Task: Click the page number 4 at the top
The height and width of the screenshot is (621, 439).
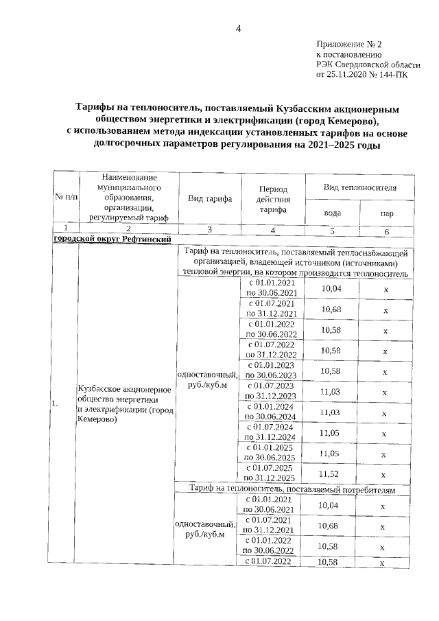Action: coord(238,28)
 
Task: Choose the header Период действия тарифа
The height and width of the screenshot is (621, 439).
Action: coord(272,198)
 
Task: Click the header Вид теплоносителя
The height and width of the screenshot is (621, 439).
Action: coord(359,187)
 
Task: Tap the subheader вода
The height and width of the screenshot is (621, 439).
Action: coord(332,213)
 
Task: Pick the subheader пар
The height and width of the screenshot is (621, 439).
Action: coord(386,213)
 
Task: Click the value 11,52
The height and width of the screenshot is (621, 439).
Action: coord(332,473)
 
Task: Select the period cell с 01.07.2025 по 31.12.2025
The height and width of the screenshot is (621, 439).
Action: coord(270,473)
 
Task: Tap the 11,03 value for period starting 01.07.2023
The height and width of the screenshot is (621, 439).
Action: coord(332,390)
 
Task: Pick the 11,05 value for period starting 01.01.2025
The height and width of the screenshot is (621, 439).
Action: coord(332,452)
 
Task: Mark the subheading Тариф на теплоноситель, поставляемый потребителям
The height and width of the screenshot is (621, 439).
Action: coord(295,488)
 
